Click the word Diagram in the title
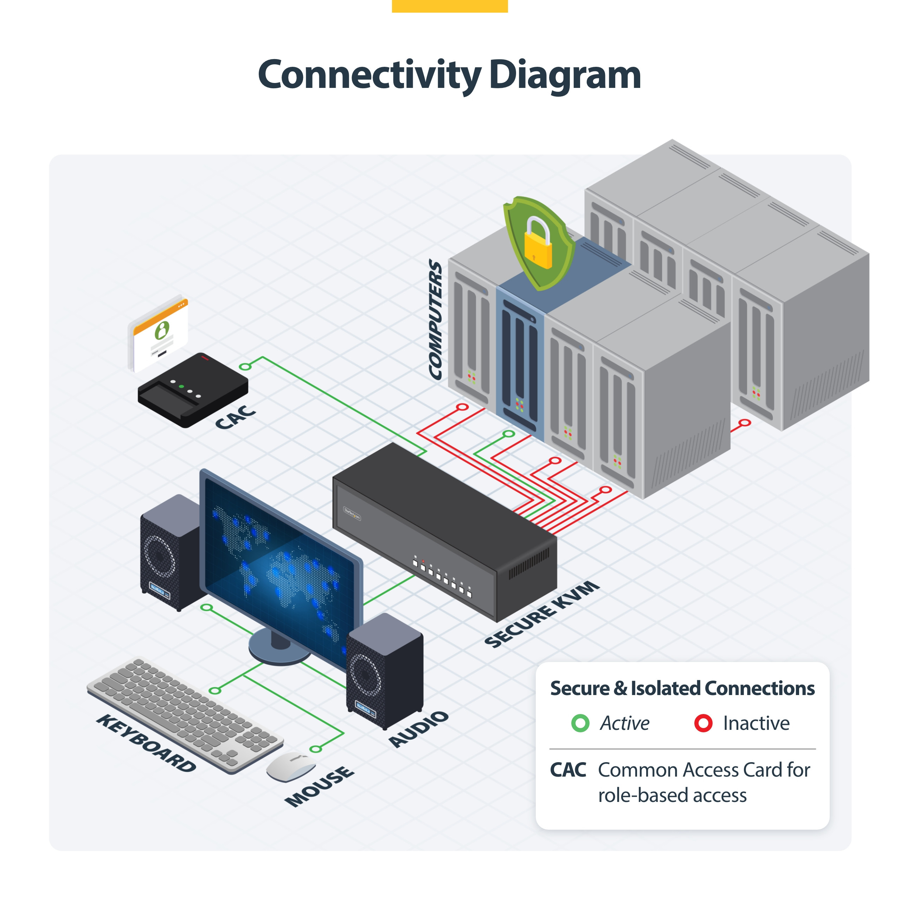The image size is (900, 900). (565, 76)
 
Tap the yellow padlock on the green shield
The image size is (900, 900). (538, 245)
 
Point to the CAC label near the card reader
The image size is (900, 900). (235, 417)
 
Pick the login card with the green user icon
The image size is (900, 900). (159, 333)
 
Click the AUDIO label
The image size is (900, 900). (418, 729)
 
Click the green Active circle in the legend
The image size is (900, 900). (580, 723)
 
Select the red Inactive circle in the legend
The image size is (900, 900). (703, 723)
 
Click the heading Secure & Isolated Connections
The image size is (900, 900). (682, 688)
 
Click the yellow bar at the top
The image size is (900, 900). (450, 6)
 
